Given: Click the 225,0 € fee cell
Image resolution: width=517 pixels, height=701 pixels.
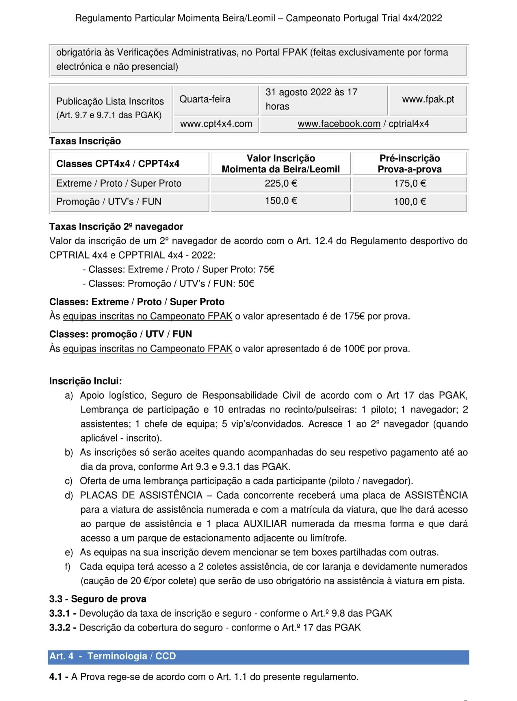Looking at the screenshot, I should tap(281, 183).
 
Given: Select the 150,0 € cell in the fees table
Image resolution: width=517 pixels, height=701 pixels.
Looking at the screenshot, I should tap(281, 201).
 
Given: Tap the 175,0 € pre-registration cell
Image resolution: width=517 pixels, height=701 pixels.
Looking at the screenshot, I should tap(410, 183).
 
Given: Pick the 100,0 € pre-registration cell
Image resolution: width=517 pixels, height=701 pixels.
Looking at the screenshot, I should tap(410, 202).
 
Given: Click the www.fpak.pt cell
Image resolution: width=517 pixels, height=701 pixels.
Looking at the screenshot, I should tap(428, 99).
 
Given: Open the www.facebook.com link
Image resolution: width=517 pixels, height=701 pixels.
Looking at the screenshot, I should tap(339, 124).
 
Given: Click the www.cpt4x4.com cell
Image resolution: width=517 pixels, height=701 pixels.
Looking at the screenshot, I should tap(216, 124).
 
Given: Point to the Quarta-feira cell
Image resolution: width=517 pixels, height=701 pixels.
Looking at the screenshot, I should tap(205, 99).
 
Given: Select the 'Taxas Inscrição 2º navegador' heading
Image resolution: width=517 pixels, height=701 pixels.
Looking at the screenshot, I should tap(116, 227).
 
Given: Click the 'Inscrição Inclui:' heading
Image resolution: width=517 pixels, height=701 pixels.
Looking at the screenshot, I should tap(85, 381).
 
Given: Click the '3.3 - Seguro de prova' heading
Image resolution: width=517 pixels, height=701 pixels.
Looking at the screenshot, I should tap(98, 599).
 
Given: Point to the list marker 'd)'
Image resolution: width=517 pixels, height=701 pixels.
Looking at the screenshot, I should tap(69, 495).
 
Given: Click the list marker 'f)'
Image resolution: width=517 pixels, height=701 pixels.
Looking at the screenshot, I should tap(68, 567).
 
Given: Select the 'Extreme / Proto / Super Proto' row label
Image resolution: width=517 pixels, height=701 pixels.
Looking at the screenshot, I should tap(119, 183).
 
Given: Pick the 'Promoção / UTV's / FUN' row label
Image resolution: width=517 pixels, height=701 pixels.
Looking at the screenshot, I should tap(109, 202).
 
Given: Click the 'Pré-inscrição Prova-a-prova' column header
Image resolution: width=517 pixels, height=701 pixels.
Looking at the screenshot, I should tap(410, 164).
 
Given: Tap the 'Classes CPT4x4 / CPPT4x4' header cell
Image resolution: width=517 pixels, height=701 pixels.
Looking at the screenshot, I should tap(118, 164).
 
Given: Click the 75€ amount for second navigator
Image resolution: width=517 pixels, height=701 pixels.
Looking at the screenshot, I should tap(266, 269).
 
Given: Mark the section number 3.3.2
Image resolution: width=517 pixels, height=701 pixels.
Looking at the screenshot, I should tap(60, 628).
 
